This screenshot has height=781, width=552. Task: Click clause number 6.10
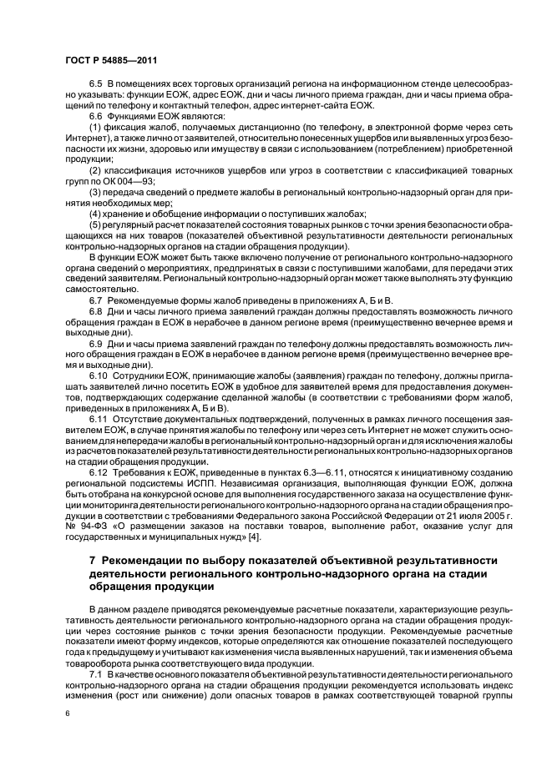coord(99,378)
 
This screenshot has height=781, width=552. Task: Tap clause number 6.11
coord(99,416)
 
